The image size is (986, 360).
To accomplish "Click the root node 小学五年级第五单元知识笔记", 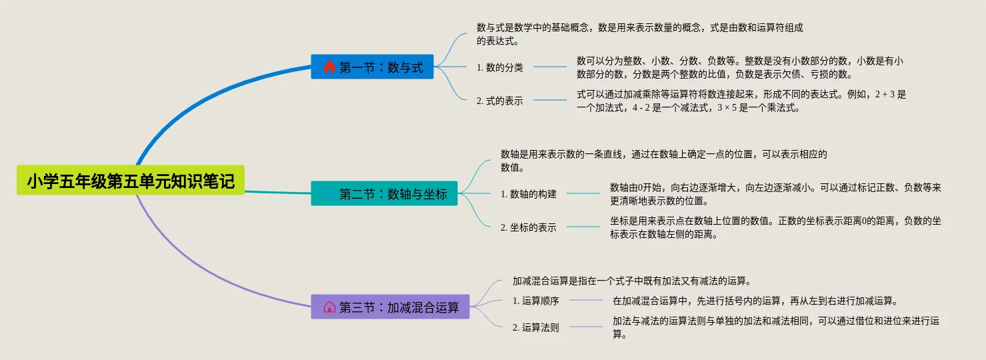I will tap(131, 181).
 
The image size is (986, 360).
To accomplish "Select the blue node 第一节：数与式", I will tap(372, 67).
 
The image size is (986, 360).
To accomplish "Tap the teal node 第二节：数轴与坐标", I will tap(384, 194).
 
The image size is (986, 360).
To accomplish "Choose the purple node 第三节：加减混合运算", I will tap(390, 307).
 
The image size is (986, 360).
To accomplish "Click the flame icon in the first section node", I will tap(329, 67).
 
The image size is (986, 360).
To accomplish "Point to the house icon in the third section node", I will tap(329, 307).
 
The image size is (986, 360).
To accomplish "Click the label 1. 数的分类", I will tap(500, 67).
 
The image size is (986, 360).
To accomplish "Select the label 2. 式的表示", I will tap(500, 101).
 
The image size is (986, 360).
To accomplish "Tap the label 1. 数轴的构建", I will tap(528, 194).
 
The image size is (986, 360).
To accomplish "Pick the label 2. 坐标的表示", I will tap(528, 227).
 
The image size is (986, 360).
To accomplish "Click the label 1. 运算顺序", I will tap(536, 301).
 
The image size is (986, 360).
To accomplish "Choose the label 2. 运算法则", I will tap(536, 327).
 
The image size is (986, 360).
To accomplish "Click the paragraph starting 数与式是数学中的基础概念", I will tap(640, 34).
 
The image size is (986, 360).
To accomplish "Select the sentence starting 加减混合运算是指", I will tap(632, 281).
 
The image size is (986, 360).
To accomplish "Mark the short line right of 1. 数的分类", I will tap(550, 67).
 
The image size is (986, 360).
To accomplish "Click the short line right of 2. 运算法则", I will tap(586, 327).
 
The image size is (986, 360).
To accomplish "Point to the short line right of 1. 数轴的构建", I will tap(583, 194).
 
